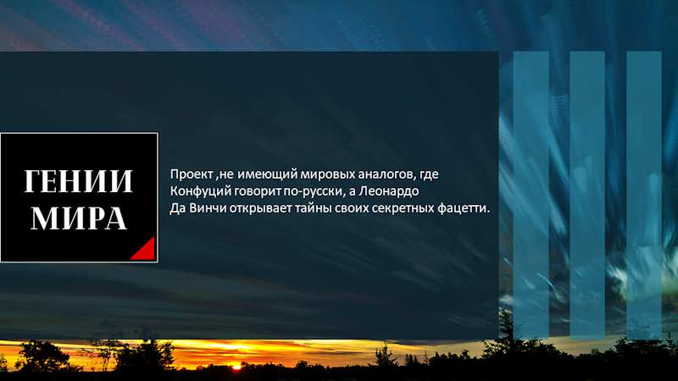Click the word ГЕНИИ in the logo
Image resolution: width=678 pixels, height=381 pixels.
point(78,181)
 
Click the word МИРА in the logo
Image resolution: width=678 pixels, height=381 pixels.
point(79,218)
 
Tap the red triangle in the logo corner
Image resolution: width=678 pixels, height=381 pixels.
point(144,249)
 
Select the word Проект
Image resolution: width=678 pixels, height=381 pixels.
point(192,174)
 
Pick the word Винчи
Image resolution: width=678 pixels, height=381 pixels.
point(208,208)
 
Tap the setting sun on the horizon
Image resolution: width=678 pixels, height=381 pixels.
point(236,367)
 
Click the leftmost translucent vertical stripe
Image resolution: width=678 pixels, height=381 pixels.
point(531,195)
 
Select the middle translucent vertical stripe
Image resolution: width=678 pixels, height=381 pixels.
point(587,195)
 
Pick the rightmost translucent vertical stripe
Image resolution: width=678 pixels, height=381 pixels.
point(644,195)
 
